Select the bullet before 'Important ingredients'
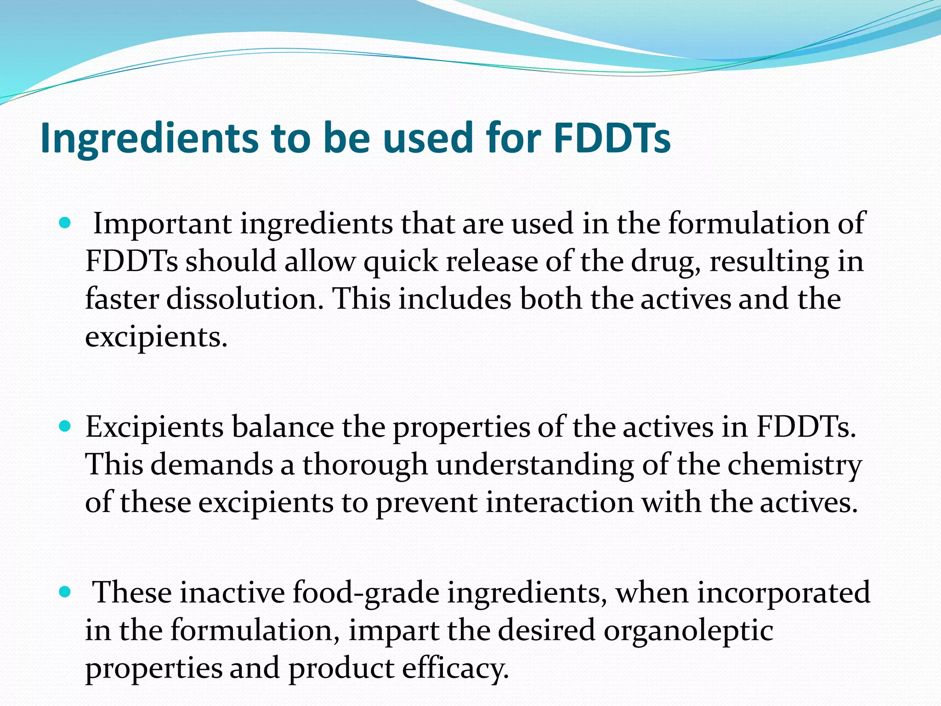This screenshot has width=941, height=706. coord(65,224)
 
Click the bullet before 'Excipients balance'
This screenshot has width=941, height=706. coord(65,427)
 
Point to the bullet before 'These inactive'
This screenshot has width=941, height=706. coord(65,592)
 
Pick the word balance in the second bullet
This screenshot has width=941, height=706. coord(282,427)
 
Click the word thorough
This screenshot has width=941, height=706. coord(365,465)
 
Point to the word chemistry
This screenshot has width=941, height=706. coord(794,465)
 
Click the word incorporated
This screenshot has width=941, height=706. coord(783,592)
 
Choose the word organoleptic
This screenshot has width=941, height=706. coord(688,630)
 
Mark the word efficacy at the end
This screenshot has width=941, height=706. coord(455,668)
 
